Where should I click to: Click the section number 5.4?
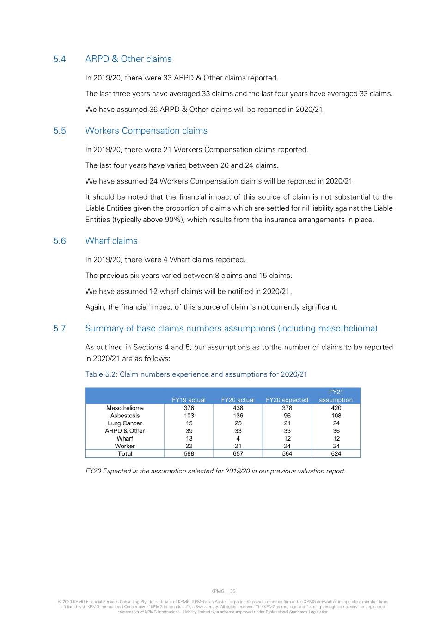(59, 59)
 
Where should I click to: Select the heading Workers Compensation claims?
(146, 131)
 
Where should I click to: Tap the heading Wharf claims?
(111, 241)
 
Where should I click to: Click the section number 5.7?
(59, 329)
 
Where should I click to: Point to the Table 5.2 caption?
(196, 374)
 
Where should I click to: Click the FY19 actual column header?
(189, 400)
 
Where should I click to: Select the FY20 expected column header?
(287, 400)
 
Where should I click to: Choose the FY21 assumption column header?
(336, 396)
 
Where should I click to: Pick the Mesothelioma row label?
(125, 408)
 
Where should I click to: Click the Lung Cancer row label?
(125, 423)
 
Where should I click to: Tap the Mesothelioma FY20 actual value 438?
(238, 408)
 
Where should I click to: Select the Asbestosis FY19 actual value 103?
(189, 416)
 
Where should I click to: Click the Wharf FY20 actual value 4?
(238, 439)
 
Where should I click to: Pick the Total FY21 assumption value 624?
(336, 454)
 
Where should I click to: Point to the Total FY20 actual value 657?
(238, 454)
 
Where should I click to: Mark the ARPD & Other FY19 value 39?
(189, 431)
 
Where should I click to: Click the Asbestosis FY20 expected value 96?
(287, 416)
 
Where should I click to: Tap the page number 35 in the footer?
(233, 591)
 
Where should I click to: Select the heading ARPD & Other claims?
(128, 59)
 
